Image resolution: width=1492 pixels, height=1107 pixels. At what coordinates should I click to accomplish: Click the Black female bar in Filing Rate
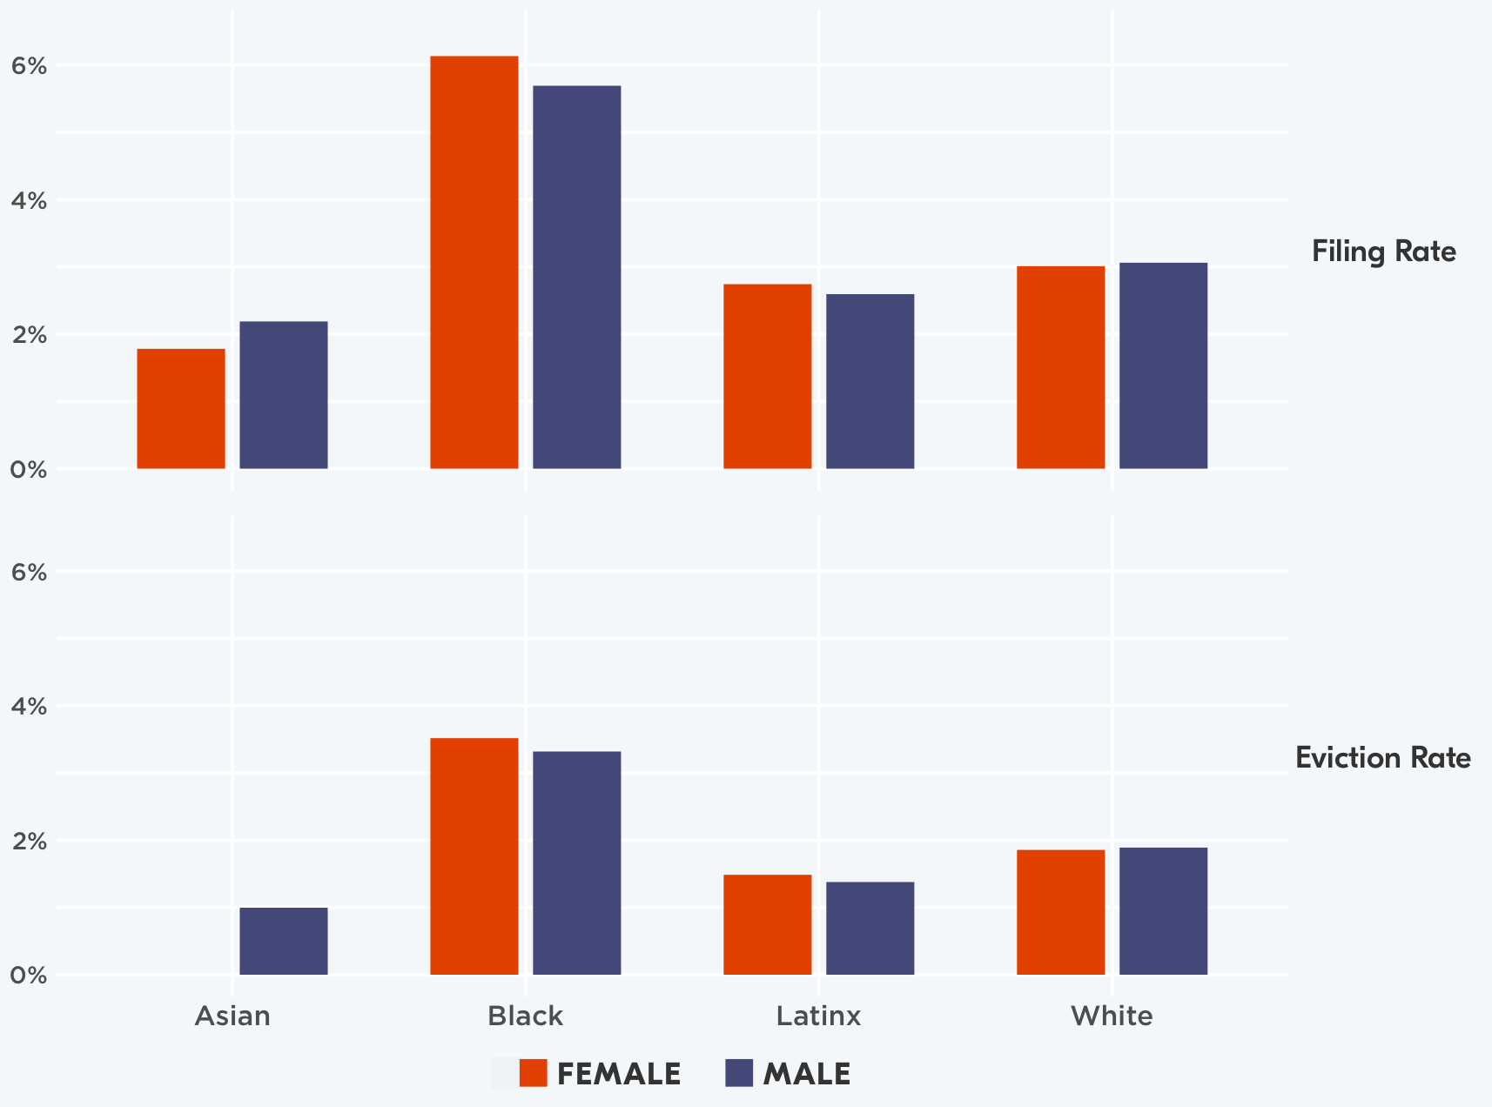[x=474, y=262]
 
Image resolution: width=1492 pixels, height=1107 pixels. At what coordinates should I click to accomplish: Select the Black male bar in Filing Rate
[x=577, y=277]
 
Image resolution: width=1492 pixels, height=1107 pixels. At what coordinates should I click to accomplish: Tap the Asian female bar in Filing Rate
[x=181, y=408]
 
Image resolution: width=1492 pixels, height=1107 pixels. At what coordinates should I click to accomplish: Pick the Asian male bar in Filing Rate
[x=284, y=395]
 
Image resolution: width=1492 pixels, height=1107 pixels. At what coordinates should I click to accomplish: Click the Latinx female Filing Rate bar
[x=768, y=376]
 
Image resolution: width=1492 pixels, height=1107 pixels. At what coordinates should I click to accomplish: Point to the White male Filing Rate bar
[x=1163, y=366]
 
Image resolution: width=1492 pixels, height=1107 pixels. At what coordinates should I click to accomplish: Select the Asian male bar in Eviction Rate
[x=284, y=941]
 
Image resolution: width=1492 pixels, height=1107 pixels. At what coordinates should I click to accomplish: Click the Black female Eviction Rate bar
[x=474, y=856]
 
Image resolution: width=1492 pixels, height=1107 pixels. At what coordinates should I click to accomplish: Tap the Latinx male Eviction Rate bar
[x=870, y=928]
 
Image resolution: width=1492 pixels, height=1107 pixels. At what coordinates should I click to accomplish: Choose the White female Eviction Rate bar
[x=1060, y=912]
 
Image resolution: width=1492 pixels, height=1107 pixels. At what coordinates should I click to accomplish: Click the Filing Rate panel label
[x=1383, y=252]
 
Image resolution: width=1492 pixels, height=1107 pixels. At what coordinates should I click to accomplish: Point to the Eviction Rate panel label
[x=1383, y=758]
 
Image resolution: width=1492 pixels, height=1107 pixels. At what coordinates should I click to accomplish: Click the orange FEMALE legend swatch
[x=533, y=1073]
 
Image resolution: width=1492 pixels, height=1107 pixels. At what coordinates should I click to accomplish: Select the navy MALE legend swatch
[x=738, y=1073]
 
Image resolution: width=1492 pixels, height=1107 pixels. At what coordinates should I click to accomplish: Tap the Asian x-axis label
[x=232, y=1016]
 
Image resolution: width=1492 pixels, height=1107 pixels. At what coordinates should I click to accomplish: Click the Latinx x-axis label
[x=818, y=1016]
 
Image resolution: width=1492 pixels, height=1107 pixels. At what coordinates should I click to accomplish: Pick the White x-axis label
[x=1112, y=1016]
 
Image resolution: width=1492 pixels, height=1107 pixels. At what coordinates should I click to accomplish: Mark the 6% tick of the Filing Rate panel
[x=28, y=66]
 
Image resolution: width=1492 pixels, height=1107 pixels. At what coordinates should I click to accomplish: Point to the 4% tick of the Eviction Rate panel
[x=28, y=707]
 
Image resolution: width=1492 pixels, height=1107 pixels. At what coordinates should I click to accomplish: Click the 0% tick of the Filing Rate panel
[x=28, y=470]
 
